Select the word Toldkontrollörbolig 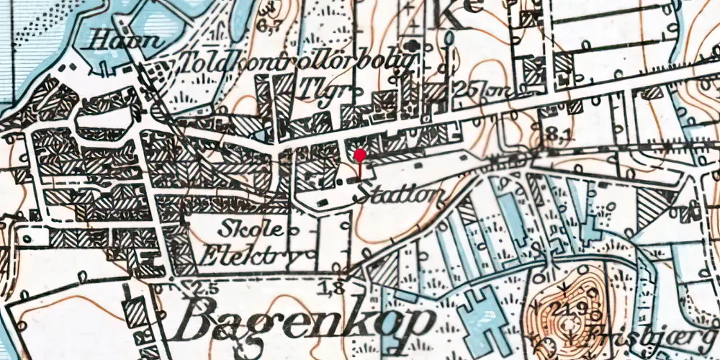click(300, 63)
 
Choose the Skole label click(246, 229)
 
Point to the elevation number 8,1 click(554, 134)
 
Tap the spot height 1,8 click(337, 289)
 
